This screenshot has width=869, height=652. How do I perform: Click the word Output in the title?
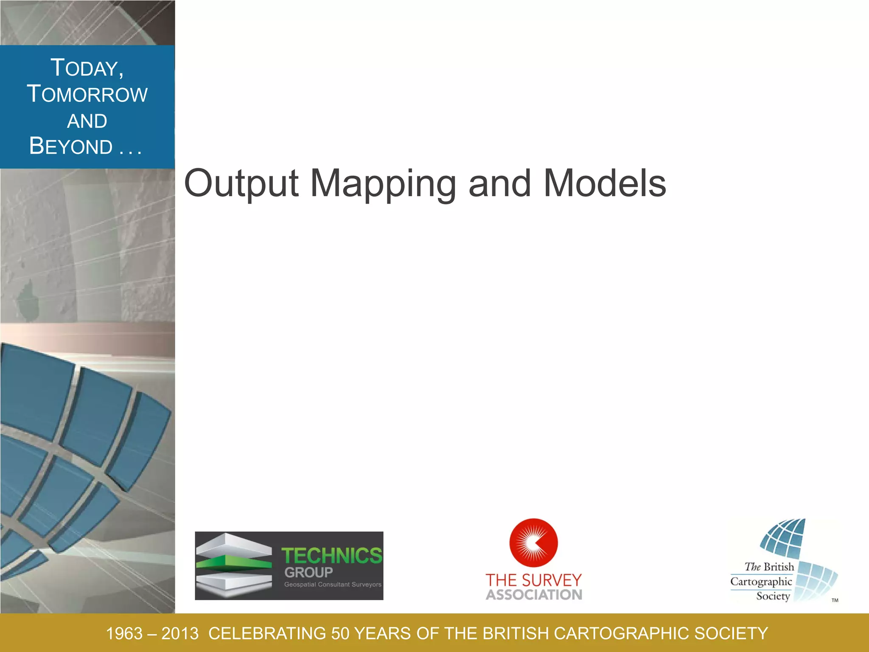click(x=241, y=183)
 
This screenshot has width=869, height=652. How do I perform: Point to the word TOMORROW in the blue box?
click(x=87, y=94)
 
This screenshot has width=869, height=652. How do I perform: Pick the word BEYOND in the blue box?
click(x=71, y=146)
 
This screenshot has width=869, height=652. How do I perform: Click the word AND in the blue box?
click(x=87, y=121)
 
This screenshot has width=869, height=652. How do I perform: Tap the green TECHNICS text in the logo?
click(x=332, y=556)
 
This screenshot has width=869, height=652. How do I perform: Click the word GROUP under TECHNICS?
click(x=308, y=573)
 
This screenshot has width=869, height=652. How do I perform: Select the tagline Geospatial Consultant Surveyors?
click(x=333, y=585)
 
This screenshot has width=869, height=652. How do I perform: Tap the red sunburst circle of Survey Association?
click(x=533, y=542)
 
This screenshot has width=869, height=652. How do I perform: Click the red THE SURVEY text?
click(x=533, y=580)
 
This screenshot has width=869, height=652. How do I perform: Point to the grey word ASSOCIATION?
click(x=534, y=595)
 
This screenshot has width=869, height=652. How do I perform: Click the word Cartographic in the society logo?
click(x=761, y=582)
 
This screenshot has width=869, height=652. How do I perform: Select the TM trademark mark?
click(x=835, y=600)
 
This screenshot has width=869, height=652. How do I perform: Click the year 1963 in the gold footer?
click(x=124, y=634)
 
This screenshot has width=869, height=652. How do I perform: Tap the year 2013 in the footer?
click(x=180, y=634)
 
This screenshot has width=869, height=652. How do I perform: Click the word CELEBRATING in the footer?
click(x=267, y=634)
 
